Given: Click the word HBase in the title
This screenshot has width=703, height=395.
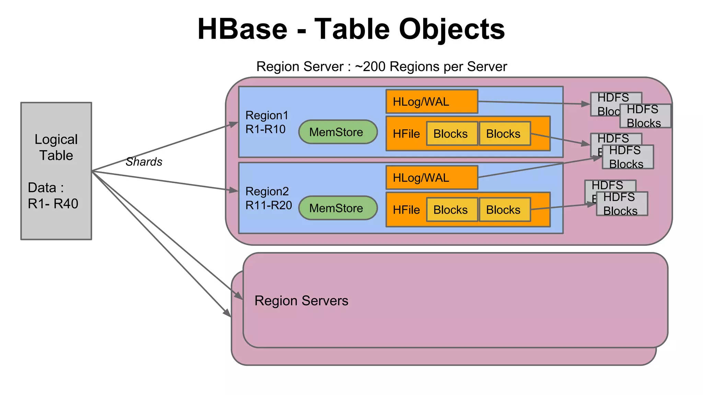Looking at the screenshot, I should point(242,29).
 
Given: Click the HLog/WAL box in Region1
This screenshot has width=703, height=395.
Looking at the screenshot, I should point(431,102).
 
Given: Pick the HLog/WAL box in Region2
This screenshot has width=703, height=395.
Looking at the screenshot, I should point(431,178).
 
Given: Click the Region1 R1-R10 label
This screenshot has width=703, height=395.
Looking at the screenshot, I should point(266,122).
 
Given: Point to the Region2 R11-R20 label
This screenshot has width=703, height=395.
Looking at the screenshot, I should point(268,199).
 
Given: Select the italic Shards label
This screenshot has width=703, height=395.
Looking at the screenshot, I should point(143,162).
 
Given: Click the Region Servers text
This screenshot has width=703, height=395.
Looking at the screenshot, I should point(301,301).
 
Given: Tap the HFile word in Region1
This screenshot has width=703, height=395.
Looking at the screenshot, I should point(406,134).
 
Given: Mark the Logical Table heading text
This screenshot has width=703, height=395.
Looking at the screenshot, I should point(56,147).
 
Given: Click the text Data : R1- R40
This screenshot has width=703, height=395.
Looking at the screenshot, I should point(53,196).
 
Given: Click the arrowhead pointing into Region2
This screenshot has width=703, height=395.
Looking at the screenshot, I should point(234,190).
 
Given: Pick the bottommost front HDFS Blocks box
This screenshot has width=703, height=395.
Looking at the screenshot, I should point(622,204).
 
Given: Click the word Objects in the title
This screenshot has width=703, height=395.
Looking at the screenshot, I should point(452,29).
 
